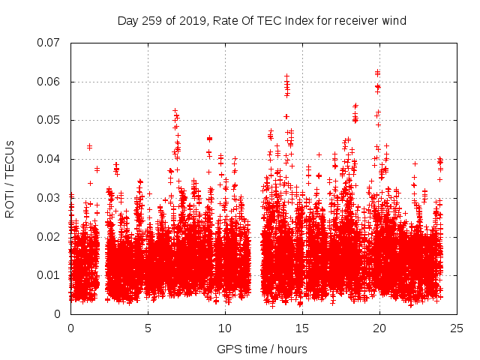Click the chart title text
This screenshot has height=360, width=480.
tap(262, 20)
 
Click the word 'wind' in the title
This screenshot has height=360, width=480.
tap(393, 20)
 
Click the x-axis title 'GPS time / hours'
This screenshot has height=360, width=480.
tap(262, 349)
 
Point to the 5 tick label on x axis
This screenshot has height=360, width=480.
tap(148, 328)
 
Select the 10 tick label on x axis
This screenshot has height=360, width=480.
tap(225, 328)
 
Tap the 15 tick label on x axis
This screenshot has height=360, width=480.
tap(302, 328)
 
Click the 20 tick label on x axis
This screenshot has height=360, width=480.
tap(379, 328)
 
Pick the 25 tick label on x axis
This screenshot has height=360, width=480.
tap(457, 328)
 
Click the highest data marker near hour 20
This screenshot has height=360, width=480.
tap(377, 72)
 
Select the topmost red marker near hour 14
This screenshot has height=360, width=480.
tap(286, 76)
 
